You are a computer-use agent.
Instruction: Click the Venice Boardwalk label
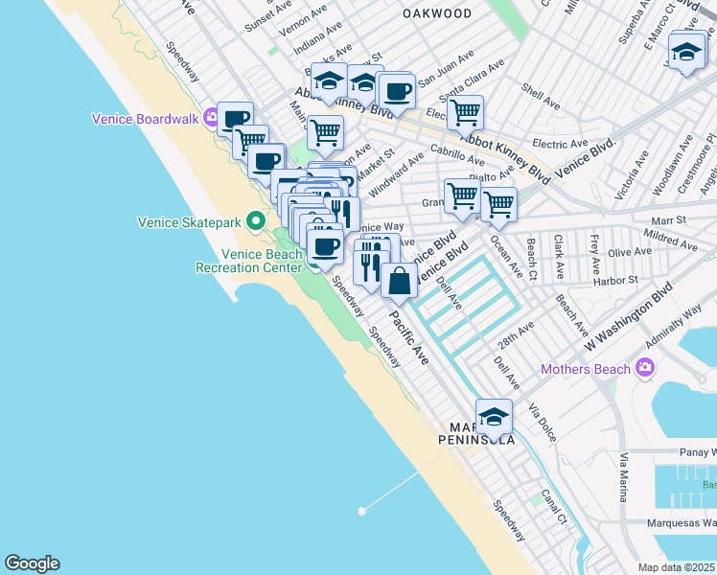144,120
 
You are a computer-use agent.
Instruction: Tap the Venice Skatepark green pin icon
255,221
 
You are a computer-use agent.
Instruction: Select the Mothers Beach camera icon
645,368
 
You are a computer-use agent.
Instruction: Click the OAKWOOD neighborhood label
437,14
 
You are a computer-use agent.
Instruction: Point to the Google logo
32,563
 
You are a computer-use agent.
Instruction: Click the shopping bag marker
400,281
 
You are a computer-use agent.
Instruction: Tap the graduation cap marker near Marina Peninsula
494,417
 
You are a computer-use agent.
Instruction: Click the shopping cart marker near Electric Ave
465,112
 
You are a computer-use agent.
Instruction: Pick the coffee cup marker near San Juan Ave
395,92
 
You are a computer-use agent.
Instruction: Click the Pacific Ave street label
408,334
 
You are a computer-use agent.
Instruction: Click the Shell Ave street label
540,97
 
